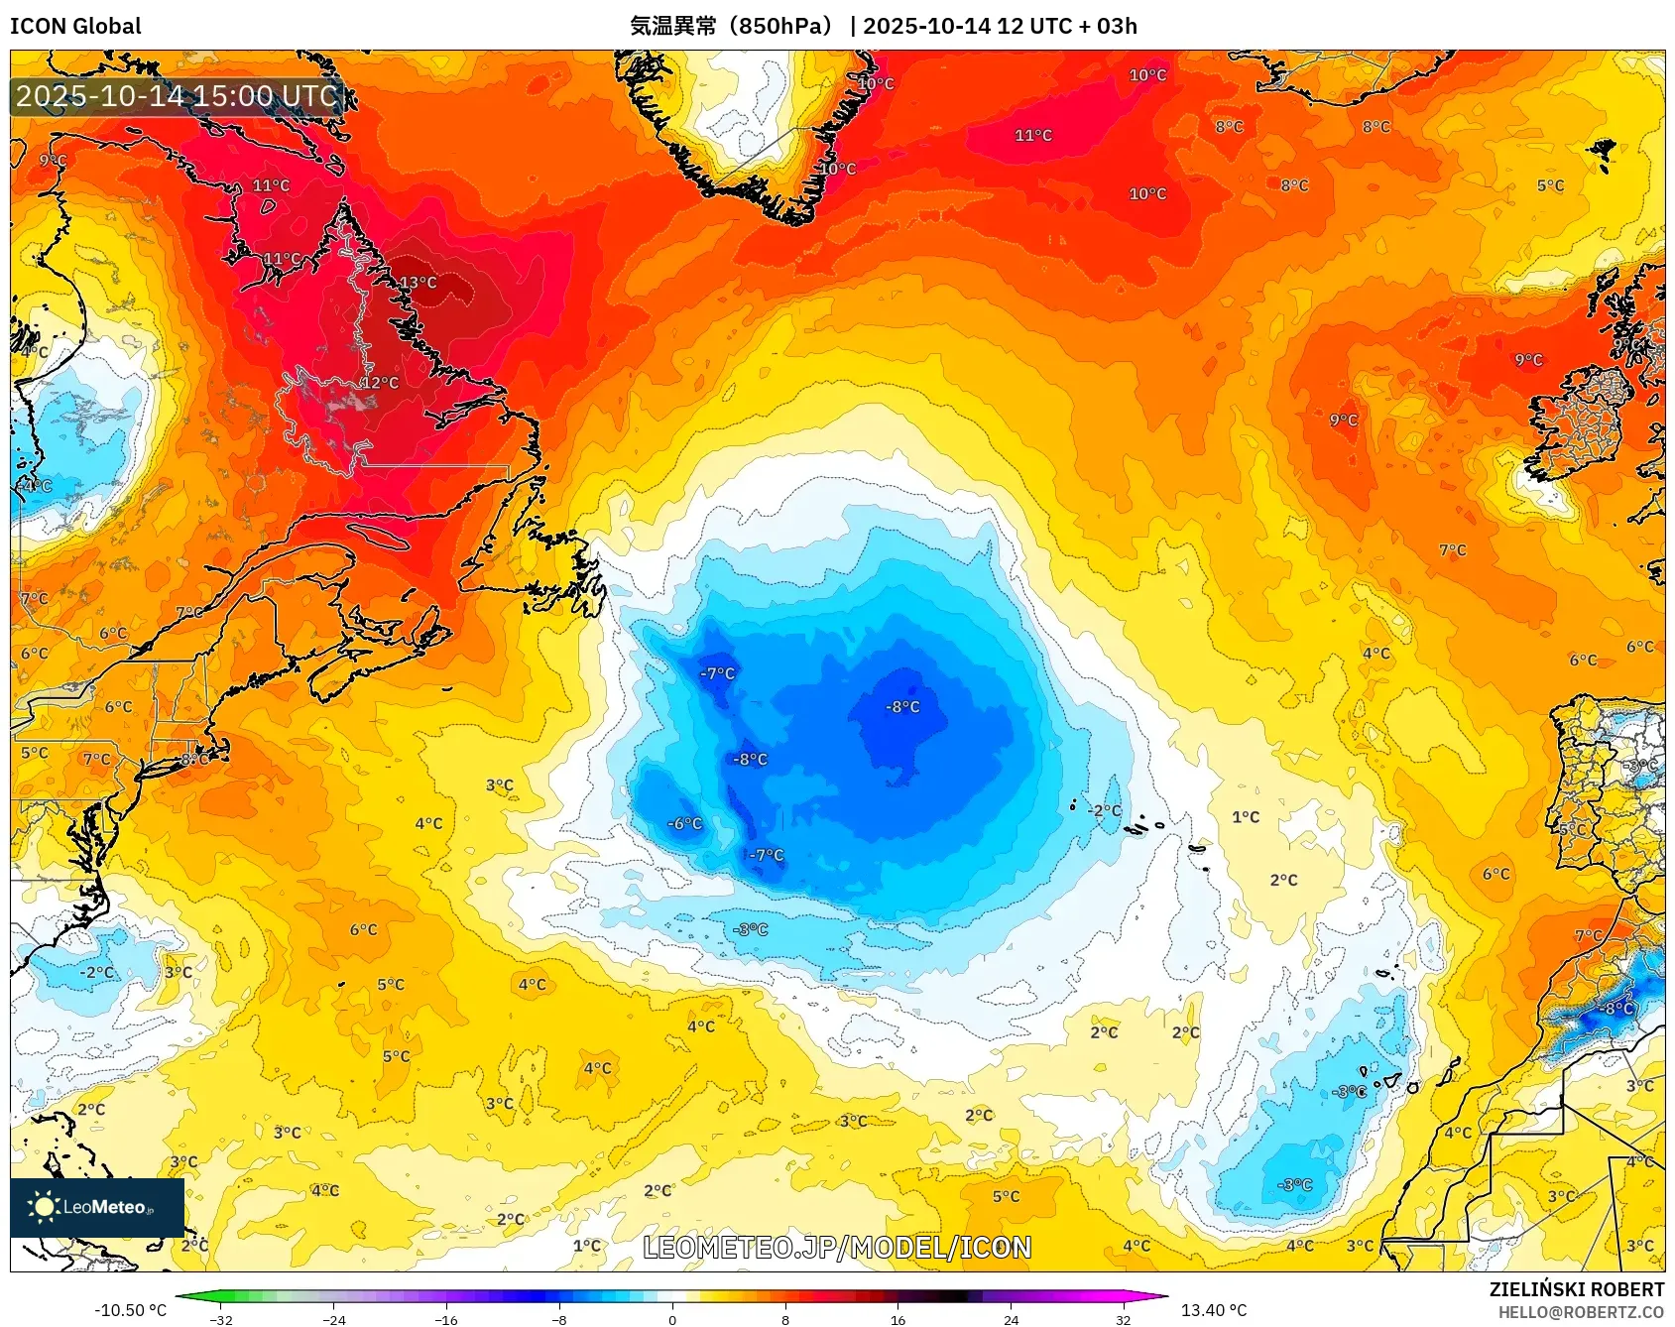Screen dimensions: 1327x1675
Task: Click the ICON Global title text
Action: [75, 26]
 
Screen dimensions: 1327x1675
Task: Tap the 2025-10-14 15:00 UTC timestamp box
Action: [177, 96]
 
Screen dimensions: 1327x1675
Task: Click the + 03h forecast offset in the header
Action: [1103, 26]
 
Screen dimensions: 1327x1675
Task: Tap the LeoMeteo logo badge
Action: [97, 1207]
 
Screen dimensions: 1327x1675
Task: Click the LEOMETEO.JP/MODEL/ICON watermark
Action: [837, 1248]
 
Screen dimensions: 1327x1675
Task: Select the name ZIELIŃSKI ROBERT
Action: [1576, 1289]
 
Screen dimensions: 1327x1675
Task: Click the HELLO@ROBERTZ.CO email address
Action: [1580, 1312]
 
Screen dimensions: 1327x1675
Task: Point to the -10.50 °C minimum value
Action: [130, 1310]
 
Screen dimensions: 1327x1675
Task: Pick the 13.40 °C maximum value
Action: [1213, 1310]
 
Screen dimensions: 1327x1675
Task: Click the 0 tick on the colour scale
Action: [672, 1319]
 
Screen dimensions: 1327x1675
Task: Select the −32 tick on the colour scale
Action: [222, 1319]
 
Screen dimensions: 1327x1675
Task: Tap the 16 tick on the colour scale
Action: [897, 1319]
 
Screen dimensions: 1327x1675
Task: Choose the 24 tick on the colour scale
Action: [1011, 1319]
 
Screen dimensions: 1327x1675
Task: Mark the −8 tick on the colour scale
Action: [559, 1319]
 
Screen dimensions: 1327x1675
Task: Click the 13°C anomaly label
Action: [418, 283]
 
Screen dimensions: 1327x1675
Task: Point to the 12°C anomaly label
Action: [379, 383]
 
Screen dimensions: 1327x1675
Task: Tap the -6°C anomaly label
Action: [684, 823]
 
